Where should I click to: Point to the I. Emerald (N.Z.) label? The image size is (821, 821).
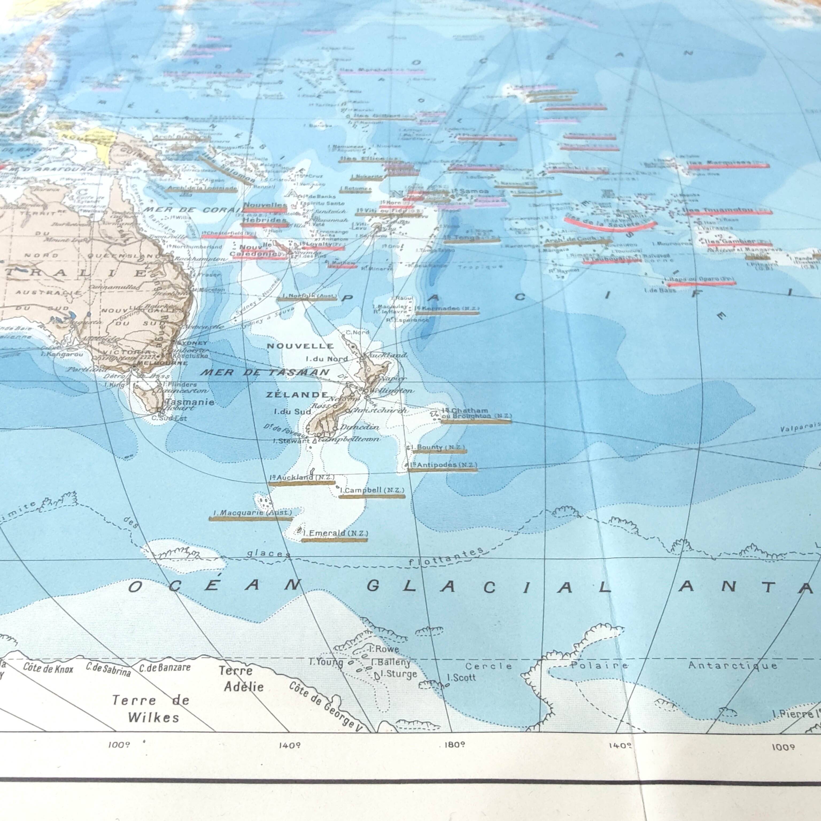(335, 533)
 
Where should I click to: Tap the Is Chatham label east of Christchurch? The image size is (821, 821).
(465, 410)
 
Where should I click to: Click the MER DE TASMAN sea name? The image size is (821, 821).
(265, 372)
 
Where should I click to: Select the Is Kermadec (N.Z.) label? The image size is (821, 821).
(447, 308)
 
